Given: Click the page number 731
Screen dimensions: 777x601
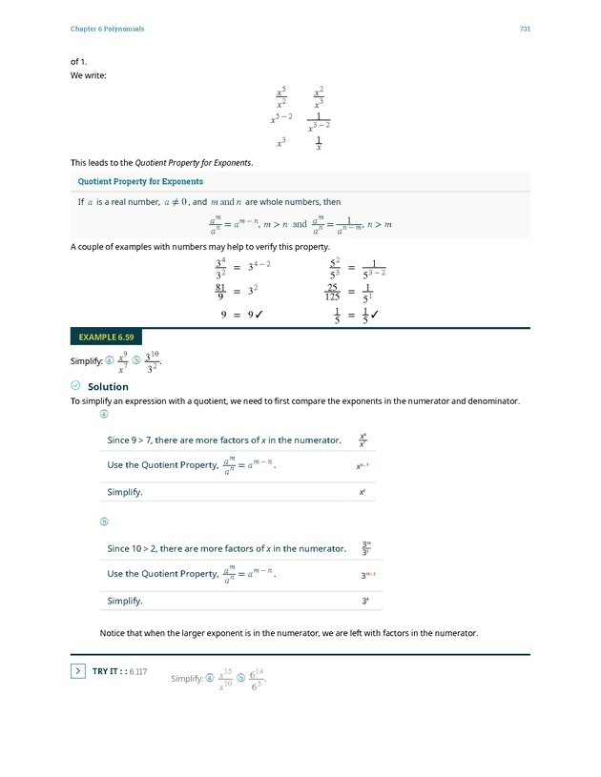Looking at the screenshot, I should click(x=525, y=29).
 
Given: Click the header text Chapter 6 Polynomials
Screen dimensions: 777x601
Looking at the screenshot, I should click(x=107, y=29).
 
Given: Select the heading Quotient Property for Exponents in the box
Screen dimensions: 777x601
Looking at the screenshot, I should click(x=140, y=181).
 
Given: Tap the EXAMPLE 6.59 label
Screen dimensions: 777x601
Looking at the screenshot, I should click(x=106, y=337).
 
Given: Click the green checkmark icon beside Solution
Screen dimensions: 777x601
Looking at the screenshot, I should click(x=75, y=386).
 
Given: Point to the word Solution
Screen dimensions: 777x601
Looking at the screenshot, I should click(x=108, y=387).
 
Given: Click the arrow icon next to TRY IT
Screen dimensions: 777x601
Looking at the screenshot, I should click(x=78, y=671).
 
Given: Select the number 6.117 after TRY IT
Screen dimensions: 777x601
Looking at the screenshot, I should click(x=137, y=672).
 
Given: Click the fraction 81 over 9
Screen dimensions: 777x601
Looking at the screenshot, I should click(x=220, y=292).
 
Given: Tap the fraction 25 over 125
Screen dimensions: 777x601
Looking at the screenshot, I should click(x=332, y=292).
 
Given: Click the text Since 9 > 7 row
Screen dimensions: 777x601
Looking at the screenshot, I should click(x=224, y=440).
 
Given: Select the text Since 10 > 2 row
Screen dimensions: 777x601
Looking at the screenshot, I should click(x=226, y=549).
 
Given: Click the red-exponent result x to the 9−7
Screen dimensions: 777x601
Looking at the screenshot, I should click(x=363, y=467).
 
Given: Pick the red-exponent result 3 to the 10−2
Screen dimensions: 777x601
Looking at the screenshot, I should click(x=367, y=576).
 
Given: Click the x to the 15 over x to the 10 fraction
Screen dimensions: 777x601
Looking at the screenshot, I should click(x=226, y=679).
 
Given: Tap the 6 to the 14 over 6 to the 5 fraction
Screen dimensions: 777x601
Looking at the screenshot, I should click(x=256, y=679).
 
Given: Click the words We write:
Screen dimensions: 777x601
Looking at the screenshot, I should click(x=89, y=75).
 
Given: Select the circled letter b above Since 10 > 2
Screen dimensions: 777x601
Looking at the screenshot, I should click(x=105, y=521).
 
